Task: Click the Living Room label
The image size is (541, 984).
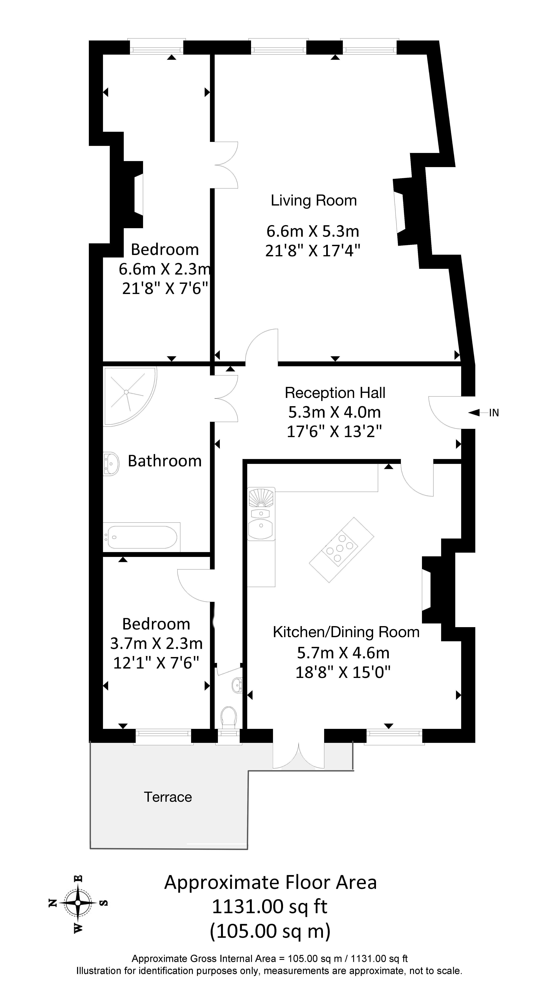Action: click(x=314, y=201)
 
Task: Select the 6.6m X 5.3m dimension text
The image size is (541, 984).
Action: click(x=313, y=231)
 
